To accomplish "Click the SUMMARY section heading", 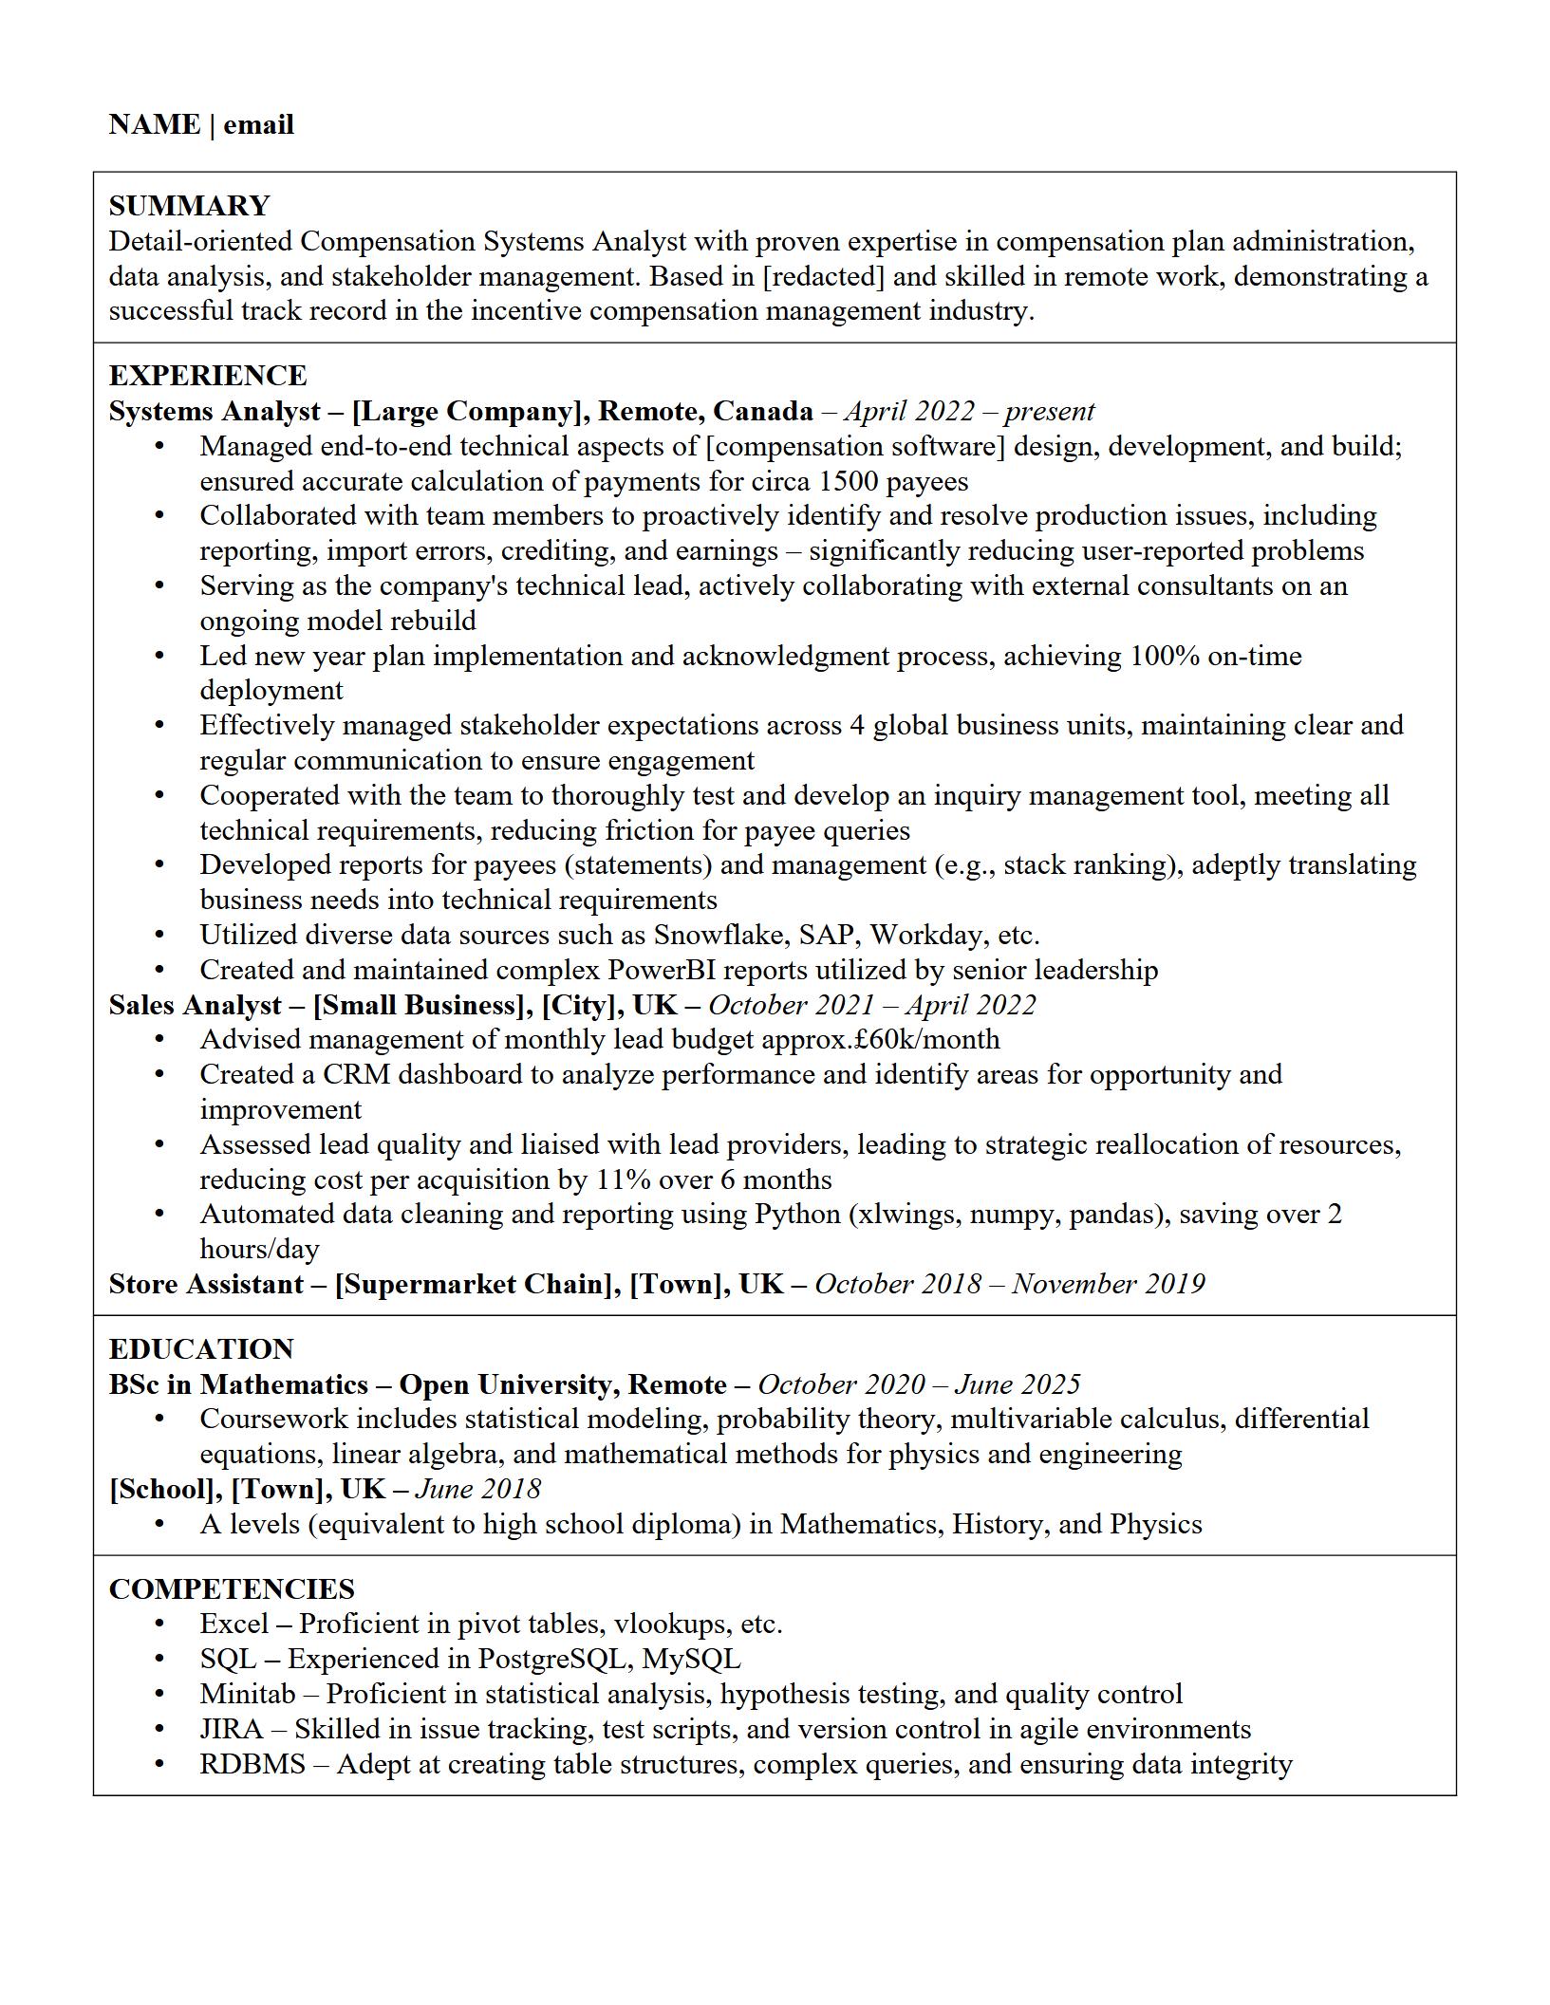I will pos(189,206).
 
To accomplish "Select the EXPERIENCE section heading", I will pos(208,376).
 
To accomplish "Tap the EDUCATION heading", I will pos(201,1349).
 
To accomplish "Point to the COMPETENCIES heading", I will pos(232,1589).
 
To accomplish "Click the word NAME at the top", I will pos(155,124).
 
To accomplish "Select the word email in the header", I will pos(258,124).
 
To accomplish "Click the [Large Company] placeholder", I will pos(466,412).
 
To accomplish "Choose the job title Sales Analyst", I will pos(195,1006).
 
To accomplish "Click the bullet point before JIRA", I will pos(159,1730).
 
